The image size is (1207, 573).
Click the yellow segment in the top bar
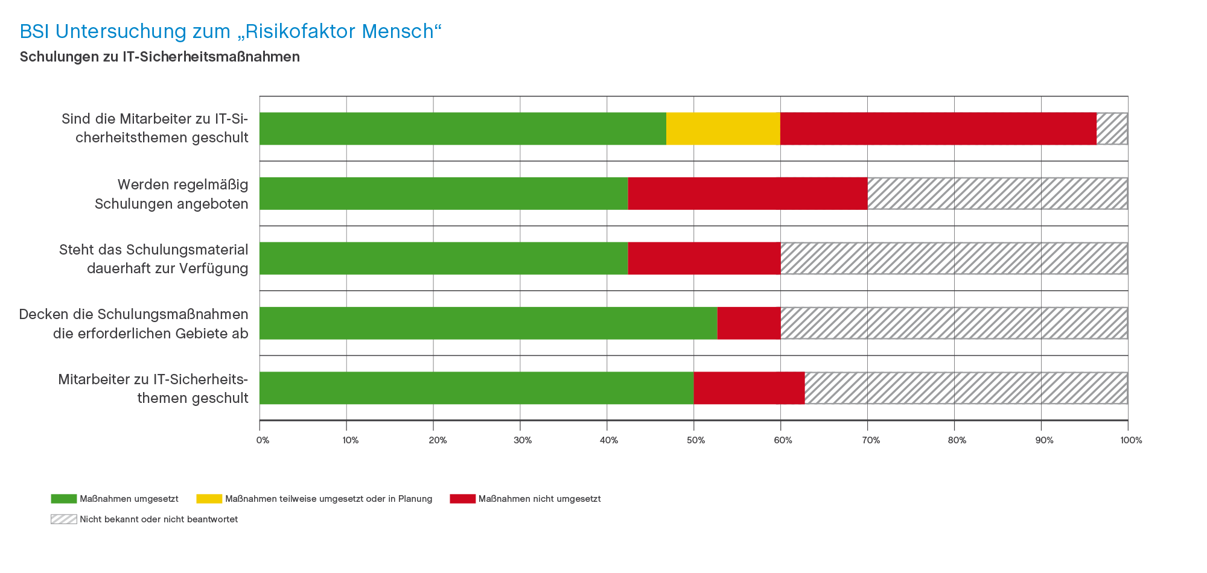click(x=723, y=128)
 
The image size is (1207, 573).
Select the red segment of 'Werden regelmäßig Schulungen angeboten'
click(x=747, y=194)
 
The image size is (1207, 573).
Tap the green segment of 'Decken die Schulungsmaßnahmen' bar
click(x=488, y=323)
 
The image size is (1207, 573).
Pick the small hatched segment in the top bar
click(x=1112, y=128)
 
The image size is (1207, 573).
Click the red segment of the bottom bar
click(x=749, y=388)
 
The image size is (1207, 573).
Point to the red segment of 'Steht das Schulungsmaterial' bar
click(x=704, y=258)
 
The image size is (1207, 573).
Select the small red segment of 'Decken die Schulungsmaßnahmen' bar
click(x=748, y=323)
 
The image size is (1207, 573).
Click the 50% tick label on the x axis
click(x=696, y=440)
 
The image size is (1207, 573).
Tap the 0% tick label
click(x=263, y=440)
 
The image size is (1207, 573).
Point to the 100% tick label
click(x=1131, y=440)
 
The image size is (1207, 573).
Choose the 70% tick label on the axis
click(x=870, y=440)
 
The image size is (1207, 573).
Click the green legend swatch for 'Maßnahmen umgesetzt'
click(x=63, y=499)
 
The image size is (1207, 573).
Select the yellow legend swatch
click(x=209, y=499)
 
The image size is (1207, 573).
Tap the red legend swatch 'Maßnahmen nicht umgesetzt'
click(x=462, y=499)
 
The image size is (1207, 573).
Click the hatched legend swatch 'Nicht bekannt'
click(x=63, y=519)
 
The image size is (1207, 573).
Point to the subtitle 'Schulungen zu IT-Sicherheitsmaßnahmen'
click(x=159, y=57)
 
